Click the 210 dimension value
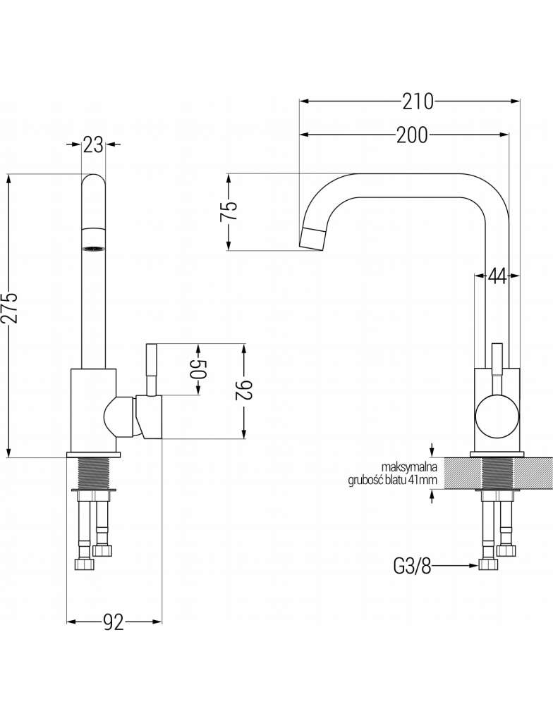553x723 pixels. (418, 101)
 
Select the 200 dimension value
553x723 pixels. (412, 135)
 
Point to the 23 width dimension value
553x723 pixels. (93, 144)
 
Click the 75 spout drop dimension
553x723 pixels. (230, 211)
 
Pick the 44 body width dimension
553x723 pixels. (497, 276)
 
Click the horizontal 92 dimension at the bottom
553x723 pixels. (114, 622)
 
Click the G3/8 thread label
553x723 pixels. (412, 566)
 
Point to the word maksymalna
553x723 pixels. (409, 466)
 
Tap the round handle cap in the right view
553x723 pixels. (497, 416)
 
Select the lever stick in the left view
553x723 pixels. (152, 369)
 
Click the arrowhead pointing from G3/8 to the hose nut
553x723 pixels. (473, 565)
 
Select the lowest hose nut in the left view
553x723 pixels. (85, 564)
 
